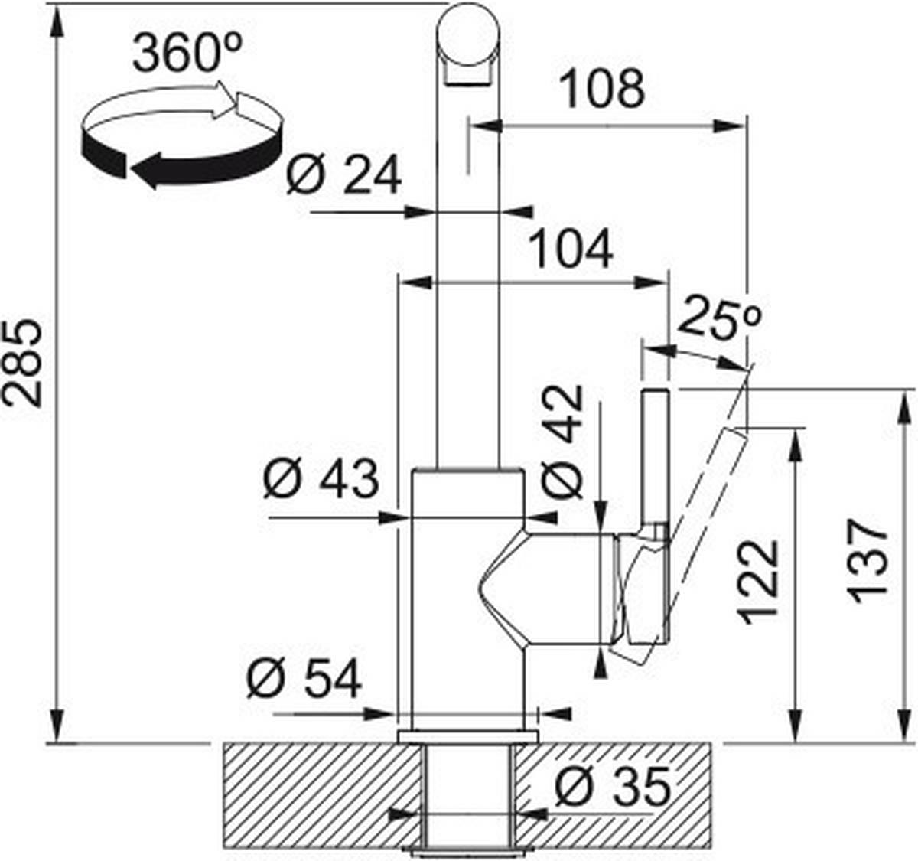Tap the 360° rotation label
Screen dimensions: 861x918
click(x=187, y=54)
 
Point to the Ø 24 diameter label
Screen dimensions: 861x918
click(x=343, y=175)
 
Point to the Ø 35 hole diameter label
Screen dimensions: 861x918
click(x=612, y=786)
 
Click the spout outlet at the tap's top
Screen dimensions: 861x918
click(x=467, y=73)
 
